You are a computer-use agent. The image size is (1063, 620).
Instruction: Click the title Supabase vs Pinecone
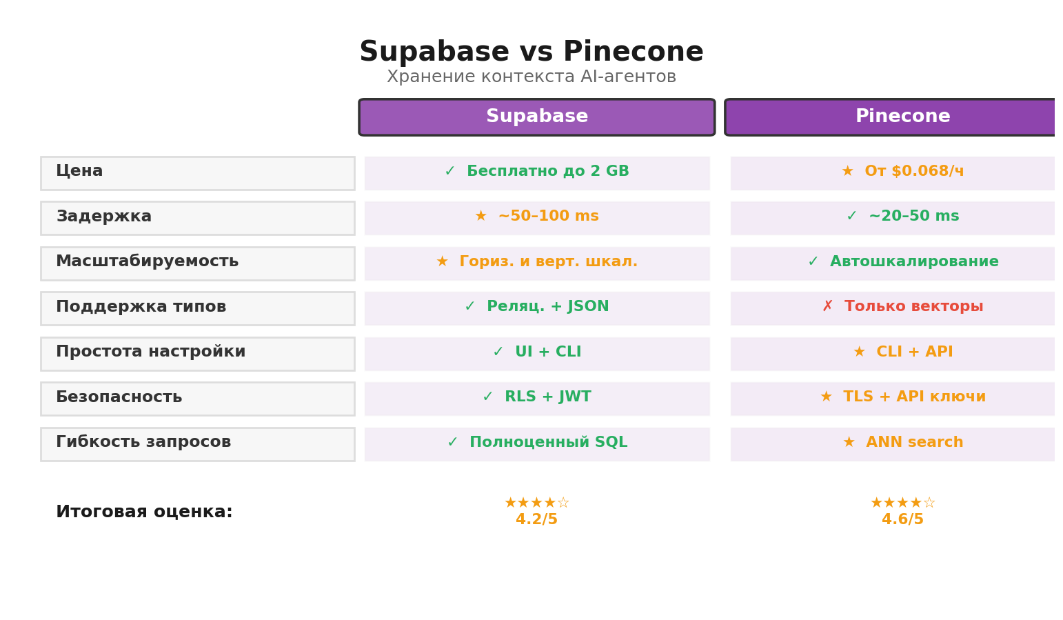531,52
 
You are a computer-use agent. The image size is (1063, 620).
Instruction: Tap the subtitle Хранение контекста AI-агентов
531,77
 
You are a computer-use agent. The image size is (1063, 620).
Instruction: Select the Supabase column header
536,117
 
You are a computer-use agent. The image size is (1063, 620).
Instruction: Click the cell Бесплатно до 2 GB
536,172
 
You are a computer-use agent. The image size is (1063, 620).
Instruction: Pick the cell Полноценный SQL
536,443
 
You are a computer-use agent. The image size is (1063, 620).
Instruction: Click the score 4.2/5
536,520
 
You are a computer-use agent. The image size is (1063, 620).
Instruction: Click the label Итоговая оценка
144,512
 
